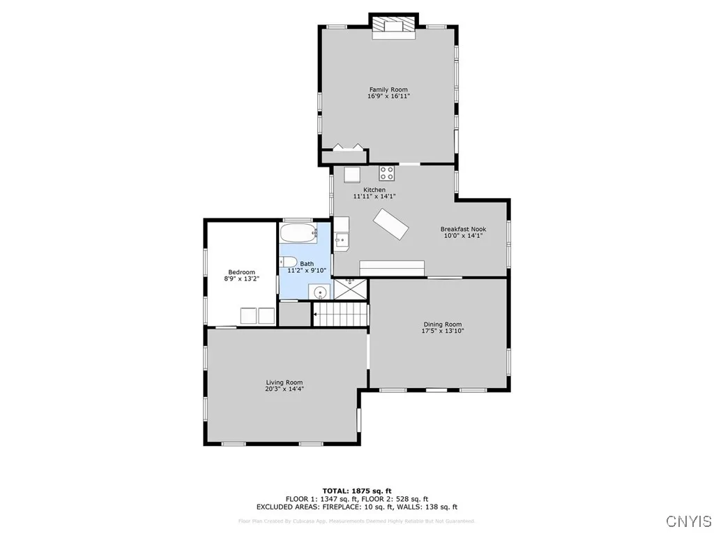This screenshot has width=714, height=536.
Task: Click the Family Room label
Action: (388, 89)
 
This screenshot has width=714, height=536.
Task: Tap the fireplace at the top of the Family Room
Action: (393, 27)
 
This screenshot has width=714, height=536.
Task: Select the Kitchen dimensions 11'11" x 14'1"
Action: (374, 197)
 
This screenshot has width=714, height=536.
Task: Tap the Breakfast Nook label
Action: (463, 229)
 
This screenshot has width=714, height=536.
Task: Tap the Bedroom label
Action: (242, 272)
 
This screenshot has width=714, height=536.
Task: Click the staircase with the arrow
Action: (340, 314)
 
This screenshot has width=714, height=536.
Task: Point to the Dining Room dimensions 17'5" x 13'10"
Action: (443, 331)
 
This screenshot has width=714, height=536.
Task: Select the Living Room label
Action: (284, 382)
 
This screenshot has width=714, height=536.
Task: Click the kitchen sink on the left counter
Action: (341, 241)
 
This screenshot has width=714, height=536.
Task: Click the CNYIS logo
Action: (688, 521)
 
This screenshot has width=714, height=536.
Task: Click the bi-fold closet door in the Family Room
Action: (347, 147)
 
